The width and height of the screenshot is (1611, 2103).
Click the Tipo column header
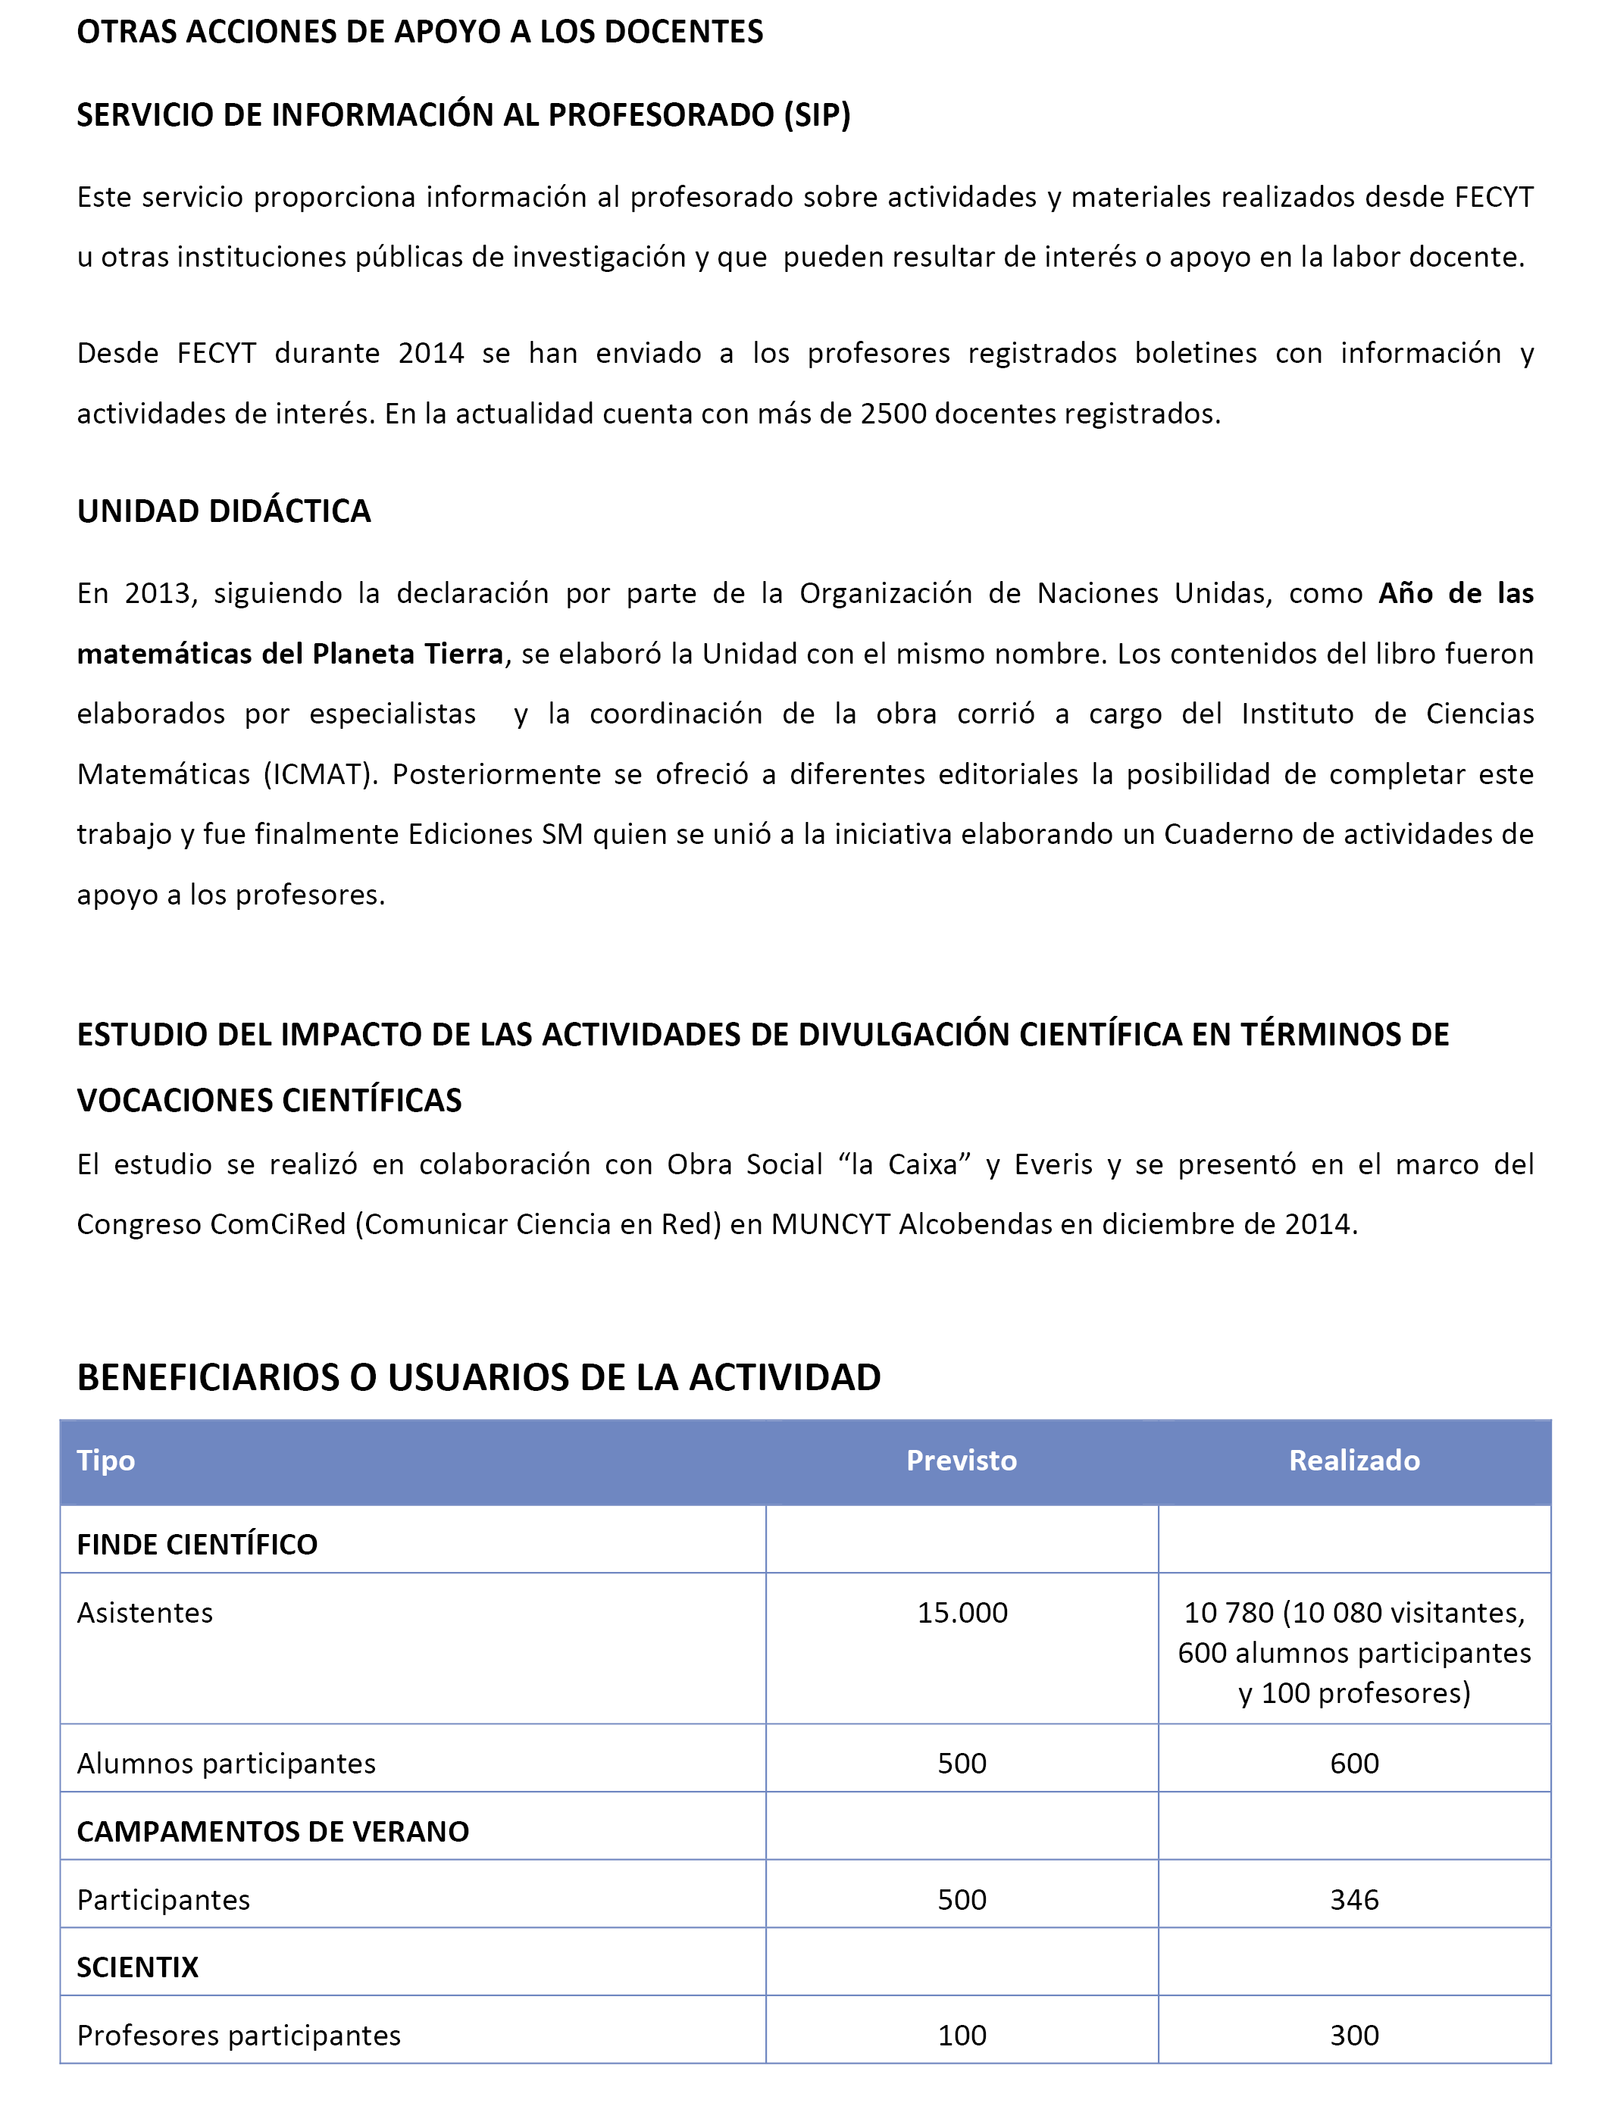coord(105,1460)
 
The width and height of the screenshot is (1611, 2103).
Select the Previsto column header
coord(961,1460)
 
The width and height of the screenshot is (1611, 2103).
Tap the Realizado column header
coord(1354,1460)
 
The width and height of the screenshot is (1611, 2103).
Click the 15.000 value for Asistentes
coord(962,1612)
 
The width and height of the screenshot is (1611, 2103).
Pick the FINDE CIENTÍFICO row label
coord(196,1544)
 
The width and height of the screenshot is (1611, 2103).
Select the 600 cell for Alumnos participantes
coord(1354,1763)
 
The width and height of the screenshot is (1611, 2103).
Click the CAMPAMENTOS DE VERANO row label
coord(272,1831)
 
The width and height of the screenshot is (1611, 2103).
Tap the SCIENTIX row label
coord(137,1967)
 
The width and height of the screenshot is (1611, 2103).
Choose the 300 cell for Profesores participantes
coord(1354,2035)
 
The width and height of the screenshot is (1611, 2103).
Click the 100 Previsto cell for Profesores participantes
coord(962,2035)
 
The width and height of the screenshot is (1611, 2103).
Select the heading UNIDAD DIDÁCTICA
coord(224,511)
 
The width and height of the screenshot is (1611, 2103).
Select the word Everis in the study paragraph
coord(1053,1164)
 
